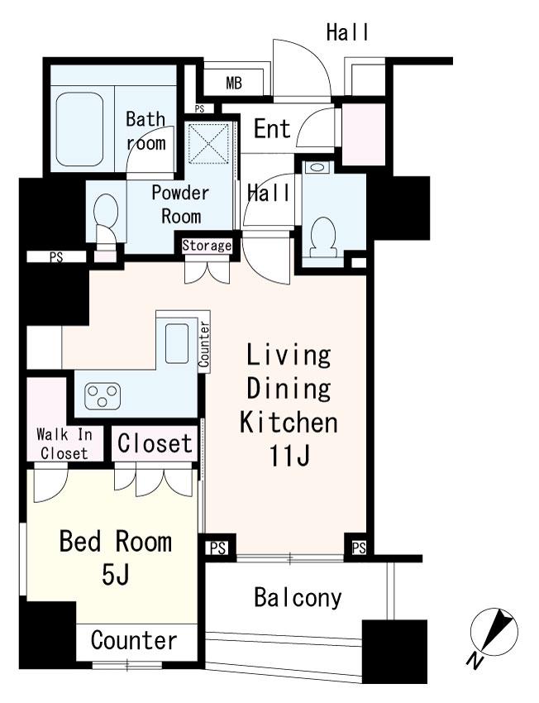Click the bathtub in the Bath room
(x=79, y=130)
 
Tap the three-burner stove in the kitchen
(x=103, y=395)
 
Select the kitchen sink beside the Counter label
(x=177, y=343)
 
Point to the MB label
(x=234, y=83)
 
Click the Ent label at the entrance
(x=273, y=129)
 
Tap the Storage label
(x=207, y=246)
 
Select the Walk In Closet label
(x=64, y=444)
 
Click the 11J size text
(x=289, y=456)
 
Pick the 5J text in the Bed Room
(x=116, y=576)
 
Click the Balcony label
(x=298, y=598)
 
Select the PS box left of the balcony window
(x=217, y=548)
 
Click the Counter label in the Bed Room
(x=134, y=640)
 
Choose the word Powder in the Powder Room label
(x=180, y=193)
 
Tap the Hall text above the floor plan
(x=348, y=32)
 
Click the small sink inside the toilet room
(x=317, y=168)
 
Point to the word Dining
(x=289, y=388)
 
